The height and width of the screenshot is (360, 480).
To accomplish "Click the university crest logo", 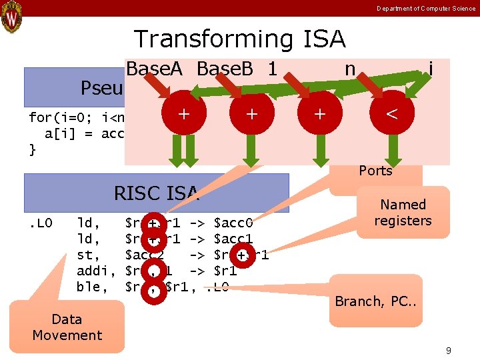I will coord(12,17).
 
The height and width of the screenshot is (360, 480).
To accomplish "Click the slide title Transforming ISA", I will coord(240,39).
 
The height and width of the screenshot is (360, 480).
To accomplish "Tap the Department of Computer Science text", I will coord(426,8).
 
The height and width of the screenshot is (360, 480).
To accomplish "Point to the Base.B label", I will coord(228,69).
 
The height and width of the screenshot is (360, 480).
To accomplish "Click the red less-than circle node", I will coord(392,114).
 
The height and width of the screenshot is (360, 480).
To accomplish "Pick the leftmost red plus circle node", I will coord(183,114).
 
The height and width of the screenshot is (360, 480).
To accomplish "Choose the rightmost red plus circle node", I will coord(320,114).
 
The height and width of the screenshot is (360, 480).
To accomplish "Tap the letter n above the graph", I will coord(349,69).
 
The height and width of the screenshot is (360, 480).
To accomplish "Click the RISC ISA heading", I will coord(157,193).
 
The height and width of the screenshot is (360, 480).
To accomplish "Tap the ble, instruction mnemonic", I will coord(92,287).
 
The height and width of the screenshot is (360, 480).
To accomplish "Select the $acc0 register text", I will coord(233,223).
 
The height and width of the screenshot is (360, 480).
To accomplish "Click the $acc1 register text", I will coord(233,239).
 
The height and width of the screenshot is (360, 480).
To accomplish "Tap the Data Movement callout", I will coord(67,327).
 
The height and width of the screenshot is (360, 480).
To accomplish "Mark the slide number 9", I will coord(449,349).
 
